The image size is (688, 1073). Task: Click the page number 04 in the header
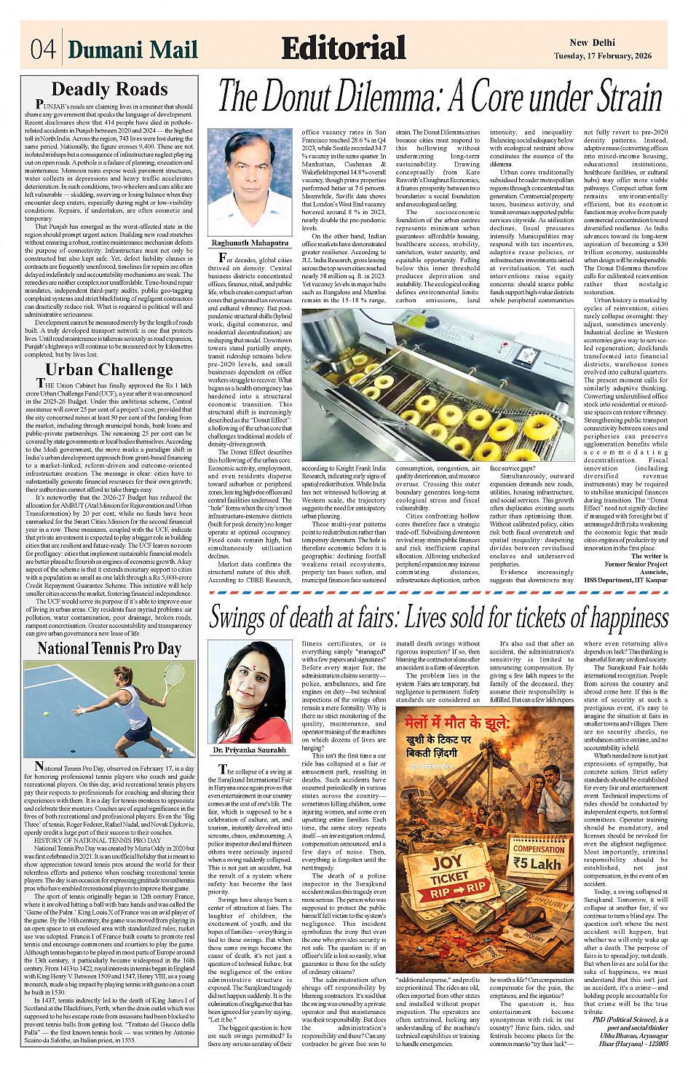[x=43, y=49]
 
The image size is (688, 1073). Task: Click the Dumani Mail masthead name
[x=133, y=50]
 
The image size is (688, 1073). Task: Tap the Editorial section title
[x=344, y=48]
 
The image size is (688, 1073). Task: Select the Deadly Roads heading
[x=109, y=90]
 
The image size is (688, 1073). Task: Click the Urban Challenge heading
[x=109, y=369]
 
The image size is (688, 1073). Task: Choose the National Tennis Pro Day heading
[x=109, y=648]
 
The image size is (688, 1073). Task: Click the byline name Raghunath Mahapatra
[x=250, y=243]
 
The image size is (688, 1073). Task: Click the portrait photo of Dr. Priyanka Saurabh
[x=250, y=692]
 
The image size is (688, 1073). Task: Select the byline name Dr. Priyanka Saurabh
[x=250, y=750]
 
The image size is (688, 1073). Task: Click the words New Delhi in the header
[x=592, y=43]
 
